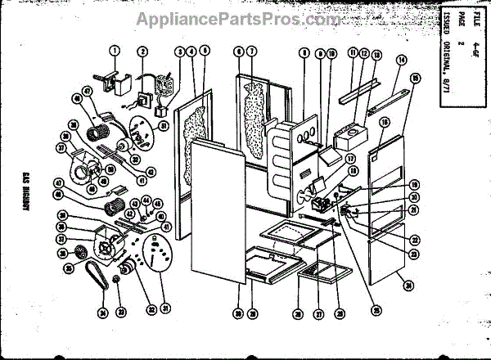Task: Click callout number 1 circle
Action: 115,52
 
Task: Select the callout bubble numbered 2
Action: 142,52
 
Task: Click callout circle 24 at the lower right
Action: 408,286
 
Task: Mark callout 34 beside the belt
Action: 101,311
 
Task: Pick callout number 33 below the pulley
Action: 120,312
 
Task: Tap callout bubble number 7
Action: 252,52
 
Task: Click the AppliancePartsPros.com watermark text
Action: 245,17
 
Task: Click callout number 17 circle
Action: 349,158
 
